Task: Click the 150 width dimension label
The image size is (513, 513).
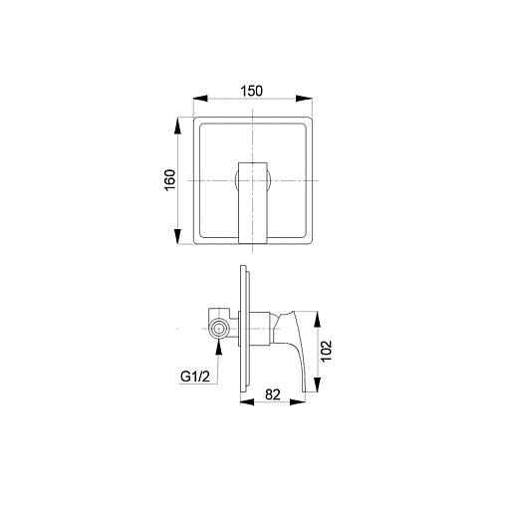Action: [x=251, y=91]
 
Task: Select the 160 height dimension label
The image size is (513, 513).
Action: [x=169, y=180]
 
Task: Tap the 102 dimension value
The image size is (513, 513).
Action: [x=327, y=351]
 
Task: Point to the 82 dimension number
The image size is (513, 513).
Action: [x=273, y=394]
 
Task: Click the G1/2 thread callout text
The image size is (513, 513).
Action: [x=195, y=377]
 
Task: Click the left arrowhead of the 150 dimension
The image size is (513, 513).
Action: [x=200, y=99]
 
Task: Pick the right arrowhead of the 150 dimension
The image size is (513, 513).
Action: [x=304, y=99]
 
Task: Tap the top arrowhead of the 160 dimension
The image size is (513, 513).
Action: [x=178, y=127]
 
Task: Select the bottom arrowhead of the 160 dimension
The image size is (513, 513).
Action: [x=178, y=236]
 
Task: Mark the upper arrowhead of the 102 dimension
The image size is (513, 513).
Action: [x=318, y=320]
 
